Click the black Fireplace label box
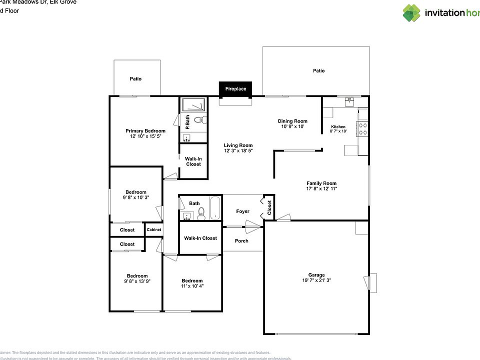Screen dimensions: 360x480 pos(235,89)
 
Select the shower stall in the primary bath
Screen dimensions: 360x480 pos(193,104)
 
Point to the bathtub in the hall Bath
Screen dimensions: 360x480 pos(215,207)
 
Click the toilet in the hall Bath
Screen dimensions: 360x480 pos(201,215)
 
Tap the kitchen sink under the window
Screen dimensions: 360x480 pos(349,102)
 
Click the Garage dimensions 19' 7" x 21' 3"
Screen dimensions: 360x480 pos(316,281)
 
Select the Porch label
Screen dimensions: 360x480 pos(242,241)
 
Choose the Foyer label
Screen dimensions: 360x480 pos(242,211)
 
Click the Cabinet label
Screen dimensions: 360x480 pos(153,229)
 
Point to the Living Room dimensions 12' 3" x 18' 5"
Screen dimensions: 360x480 pos(238,150)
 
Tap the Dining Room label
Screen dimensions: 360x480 pos(292,121)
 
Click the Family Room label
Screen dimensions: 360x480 pos(321,183)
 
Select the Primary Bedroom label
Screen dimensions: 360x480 pos(145,131)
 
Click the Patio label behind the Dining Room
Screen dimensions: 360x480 pos(318,71)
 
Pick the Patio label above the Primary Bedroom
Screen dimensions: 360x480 pos(135,79)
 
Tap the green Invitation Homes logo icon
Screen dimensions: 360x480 pos(412,13)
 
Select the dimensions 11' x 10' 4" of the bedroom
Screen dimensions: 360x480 pos(192,286)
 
